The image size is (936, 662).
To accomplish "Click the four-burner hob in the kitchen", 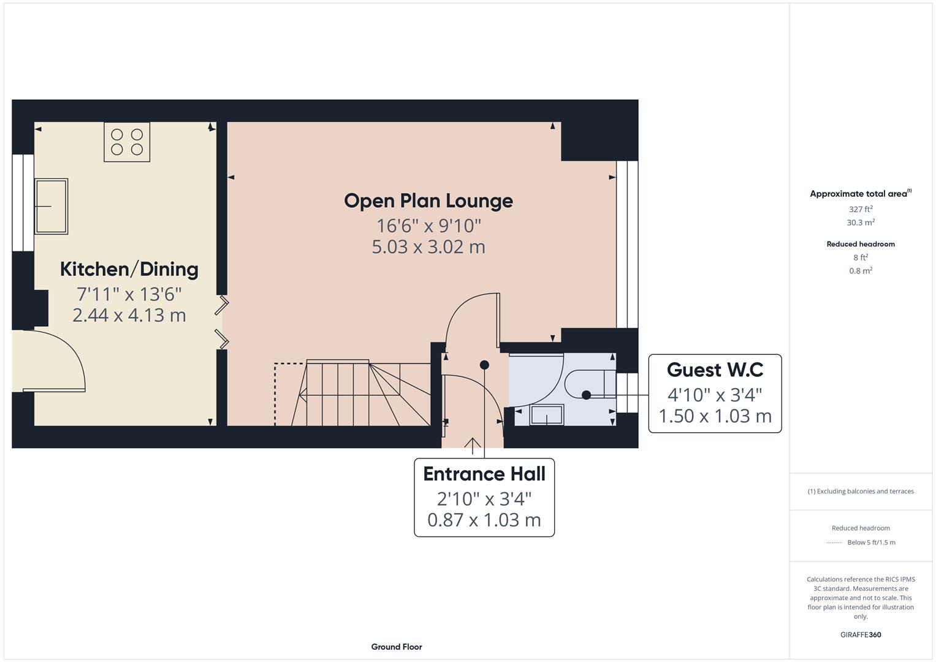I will tap(127, 142).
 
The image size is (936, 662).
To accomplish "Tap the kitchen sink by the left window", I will tap(51, 207).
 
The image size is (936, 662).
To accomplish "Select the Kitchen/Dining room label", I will tap(129, 269).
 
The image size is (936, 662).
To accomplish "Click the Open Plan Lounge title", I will tap(428, 200).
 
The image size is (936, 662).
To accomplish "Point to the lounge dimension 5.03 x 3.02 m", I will tap(428, 247).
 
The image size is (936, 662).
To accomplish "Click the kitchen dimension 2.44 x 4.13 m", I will tap(129, 315).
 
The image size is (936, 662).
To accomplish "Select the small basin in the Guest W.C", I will tap(547, 415).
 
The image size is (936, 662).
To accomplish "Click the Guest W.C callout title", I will tap(715, 370).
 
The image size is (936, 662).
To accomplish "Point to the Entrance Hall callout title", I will tap(484, 474).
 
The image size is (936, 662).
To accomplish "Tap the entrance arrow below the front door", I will tap(473, 445).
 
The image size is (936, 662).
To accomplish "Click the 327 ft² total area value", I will tap(861, 209).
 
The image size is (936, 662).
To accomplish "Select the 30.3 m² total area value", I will tap(861, 223).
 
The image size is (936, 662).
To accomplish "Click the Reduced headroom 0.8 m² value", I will tap(861, 271).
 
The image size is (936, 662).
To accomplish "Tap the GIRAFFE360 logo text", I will tap(861, 634).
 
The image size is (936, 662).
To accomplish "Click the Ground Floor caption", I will tap(397, 647).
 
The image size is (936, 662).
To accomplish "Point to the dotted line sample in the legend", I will tap(834, 542).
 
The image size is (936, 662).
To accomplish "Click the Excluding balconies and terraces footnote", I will tap(861, 491).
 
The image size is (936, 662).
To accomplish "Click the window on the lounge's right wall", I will tap(627, 244).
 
